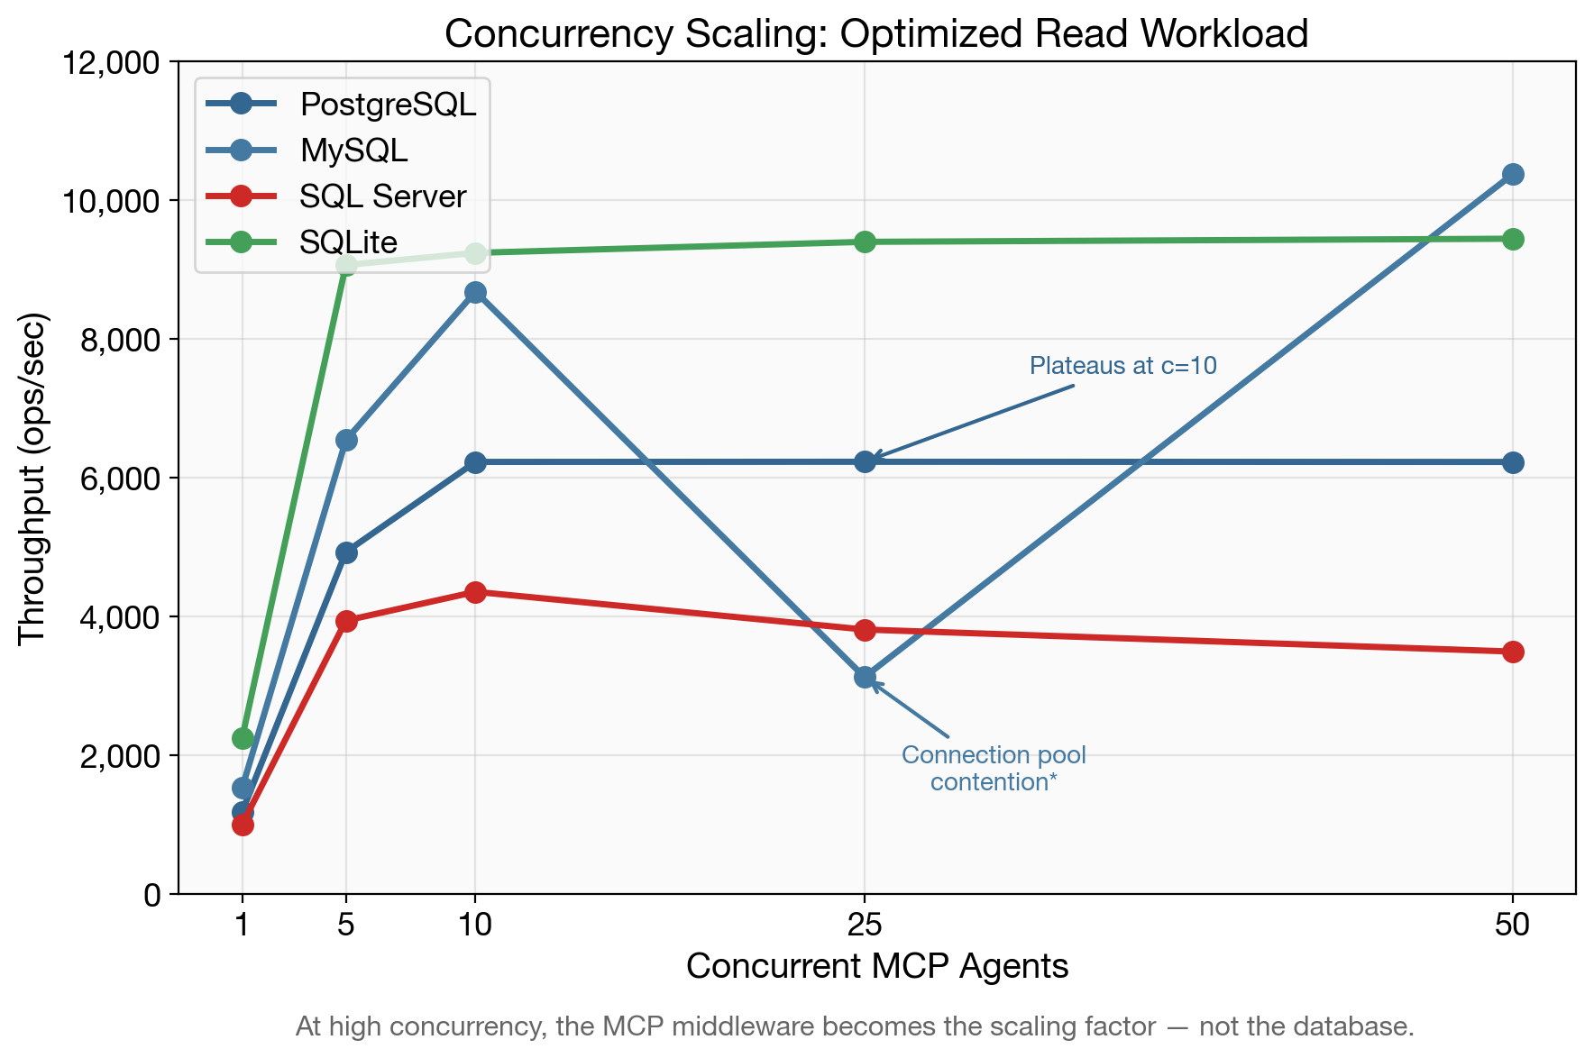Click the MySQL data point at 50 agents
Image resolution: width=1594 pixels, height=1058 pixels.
pos(1513,174)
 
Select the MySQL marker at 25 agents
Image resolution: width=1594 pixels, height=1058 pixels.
pos(865,677)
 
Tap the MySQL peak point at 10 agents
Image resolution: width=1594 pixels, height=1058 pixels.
pos(475,293)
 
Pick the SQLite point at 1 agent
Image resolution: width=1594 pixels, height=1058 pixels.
pos(243,738)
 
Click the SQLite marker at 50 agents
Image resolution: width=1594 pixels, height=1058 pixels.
pos(1513,239)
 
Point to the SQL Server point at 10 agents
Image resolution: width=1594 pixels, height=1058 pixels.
pos(475,592)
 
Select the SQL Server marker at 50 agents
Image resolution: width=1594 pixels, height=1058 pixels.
pos(1513,652)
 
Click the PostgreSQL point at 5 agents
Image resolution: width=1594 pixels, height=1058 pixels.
pos(346,552)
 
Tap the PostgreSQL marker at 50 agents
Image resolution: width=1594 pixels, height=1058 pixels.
pos(1513,462)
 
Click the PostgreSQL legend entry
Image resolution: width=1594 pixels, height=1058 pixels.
pos(387,105)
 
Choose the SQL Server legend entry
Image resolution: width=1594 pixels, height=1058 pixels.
pos(382,196)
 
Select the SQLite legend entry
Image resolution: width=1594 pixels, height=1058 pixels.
pos(348,242)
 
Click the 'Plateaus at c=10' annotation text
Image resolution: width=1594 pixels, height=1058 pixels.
pos(1122,366)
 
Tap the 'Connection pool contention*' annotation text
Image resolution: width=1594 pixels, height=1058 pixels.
pos(994,768)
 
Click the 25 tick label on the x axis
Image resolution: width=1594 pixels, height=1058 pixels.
pos(865,925)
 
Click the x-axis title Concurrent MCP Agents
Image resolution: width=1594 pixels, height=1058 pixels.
pos(876,966)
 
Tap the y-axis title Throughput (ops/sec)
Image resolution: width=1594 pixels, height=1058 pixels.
pos(32,478)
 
